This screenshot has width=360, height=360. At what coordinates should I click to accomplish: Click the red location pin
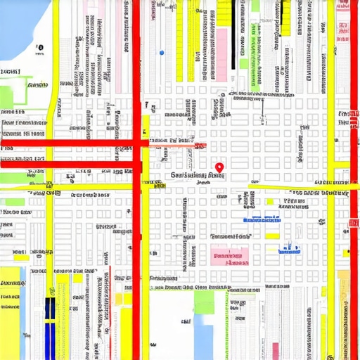coord(219,167)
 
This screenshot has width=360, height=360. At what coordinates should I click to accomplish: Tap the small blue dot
coord(162,52)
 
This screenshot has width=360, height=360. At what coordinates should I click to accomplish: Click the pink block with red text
coord(230,256)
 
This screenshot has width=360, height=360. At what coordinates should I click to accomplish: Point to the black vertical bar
coord(232,39)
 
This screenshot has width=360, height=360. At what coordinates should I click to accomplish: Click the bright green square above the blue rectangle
coord(204,302)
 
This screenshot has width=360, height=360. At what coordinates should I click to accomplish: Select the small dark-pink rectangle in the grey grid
coord(275,350)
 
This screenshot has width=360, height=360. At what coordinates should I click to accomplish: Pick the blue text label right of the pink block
coord(289,247)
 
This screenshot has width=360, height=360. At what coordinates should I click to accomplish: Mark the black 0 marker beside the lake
coord(39,49)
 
